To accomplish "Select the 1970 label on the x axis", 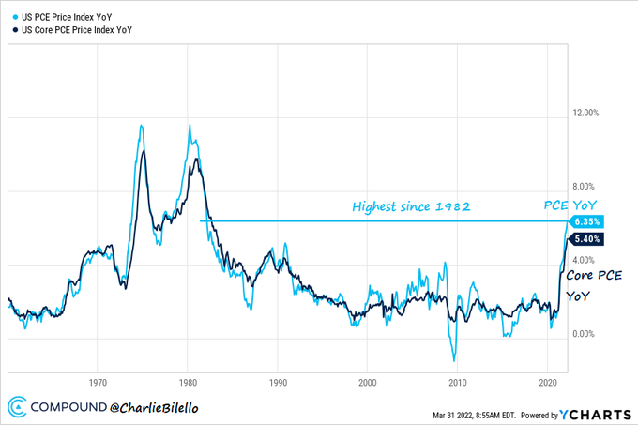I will tap(97, 382).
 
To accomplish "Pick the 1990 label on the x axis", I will tap(278, 382).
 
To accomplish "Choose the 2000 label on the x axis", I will tap(368, 382).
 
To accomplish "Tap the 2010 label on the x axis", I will tap(458, 382).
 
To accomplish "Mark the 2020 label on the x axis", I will tap(549, 382).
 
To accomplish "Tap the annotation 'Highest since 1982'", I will tap(410, 205).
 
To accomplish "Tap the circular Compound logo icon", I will tap(17, 408).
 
